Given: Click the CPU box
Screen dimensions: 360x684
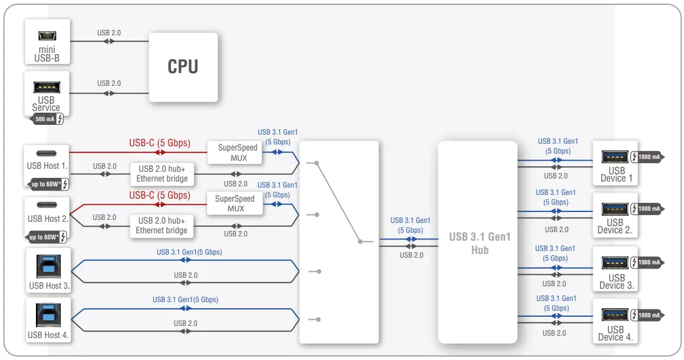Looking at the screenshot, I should [x=183, y=66].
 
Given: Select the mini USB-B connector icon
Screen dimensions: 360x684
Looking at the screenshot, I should [x=47, y=35].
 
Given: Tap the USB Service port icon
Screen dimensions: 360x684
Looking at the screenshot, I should [x=47, y=86].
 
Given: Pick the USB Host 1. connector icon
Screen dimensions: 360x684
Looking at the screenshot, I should [x=48, y=153].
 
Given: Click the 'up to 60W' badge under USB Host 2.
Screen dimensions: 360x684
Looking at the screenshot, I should [x=48, y=236].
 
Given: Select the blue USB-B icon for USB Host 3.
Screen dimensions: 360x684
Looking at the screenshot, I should [x=48, y=265].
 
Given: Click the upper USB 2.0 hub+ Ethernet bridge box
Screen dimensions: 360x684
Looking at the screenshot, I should [x=163, y=174].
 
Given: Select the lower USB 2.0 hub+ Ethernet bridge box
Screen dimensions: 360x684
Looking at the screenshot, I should [x=161, y=225].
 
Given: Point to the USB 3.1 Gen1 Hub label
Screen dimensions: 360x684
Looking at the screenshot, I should [x=479, y=243].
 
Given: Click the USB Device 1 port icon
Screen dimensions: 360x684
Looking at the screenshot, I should [x=615, y=157].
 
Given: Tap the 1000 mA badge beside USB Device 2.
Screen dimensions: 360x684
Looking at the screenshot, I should [x=649, y=209].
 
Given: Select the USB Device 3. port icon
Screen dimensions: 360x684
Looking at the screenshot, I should [x=615, y=263].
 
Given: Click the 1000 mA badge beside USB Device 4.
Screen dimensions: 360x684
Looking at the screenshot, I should [x=649, y=315].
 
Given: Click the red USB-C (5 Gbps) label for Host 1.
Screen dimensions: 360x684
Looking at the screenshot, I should [x=160, y=144].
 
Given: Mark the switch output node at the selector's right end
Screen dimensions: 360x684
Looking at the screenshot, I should [x=361, y=242].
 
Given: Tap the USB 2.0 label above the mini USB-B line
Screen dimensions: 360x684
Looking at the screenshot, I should [x=109, y=32].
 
